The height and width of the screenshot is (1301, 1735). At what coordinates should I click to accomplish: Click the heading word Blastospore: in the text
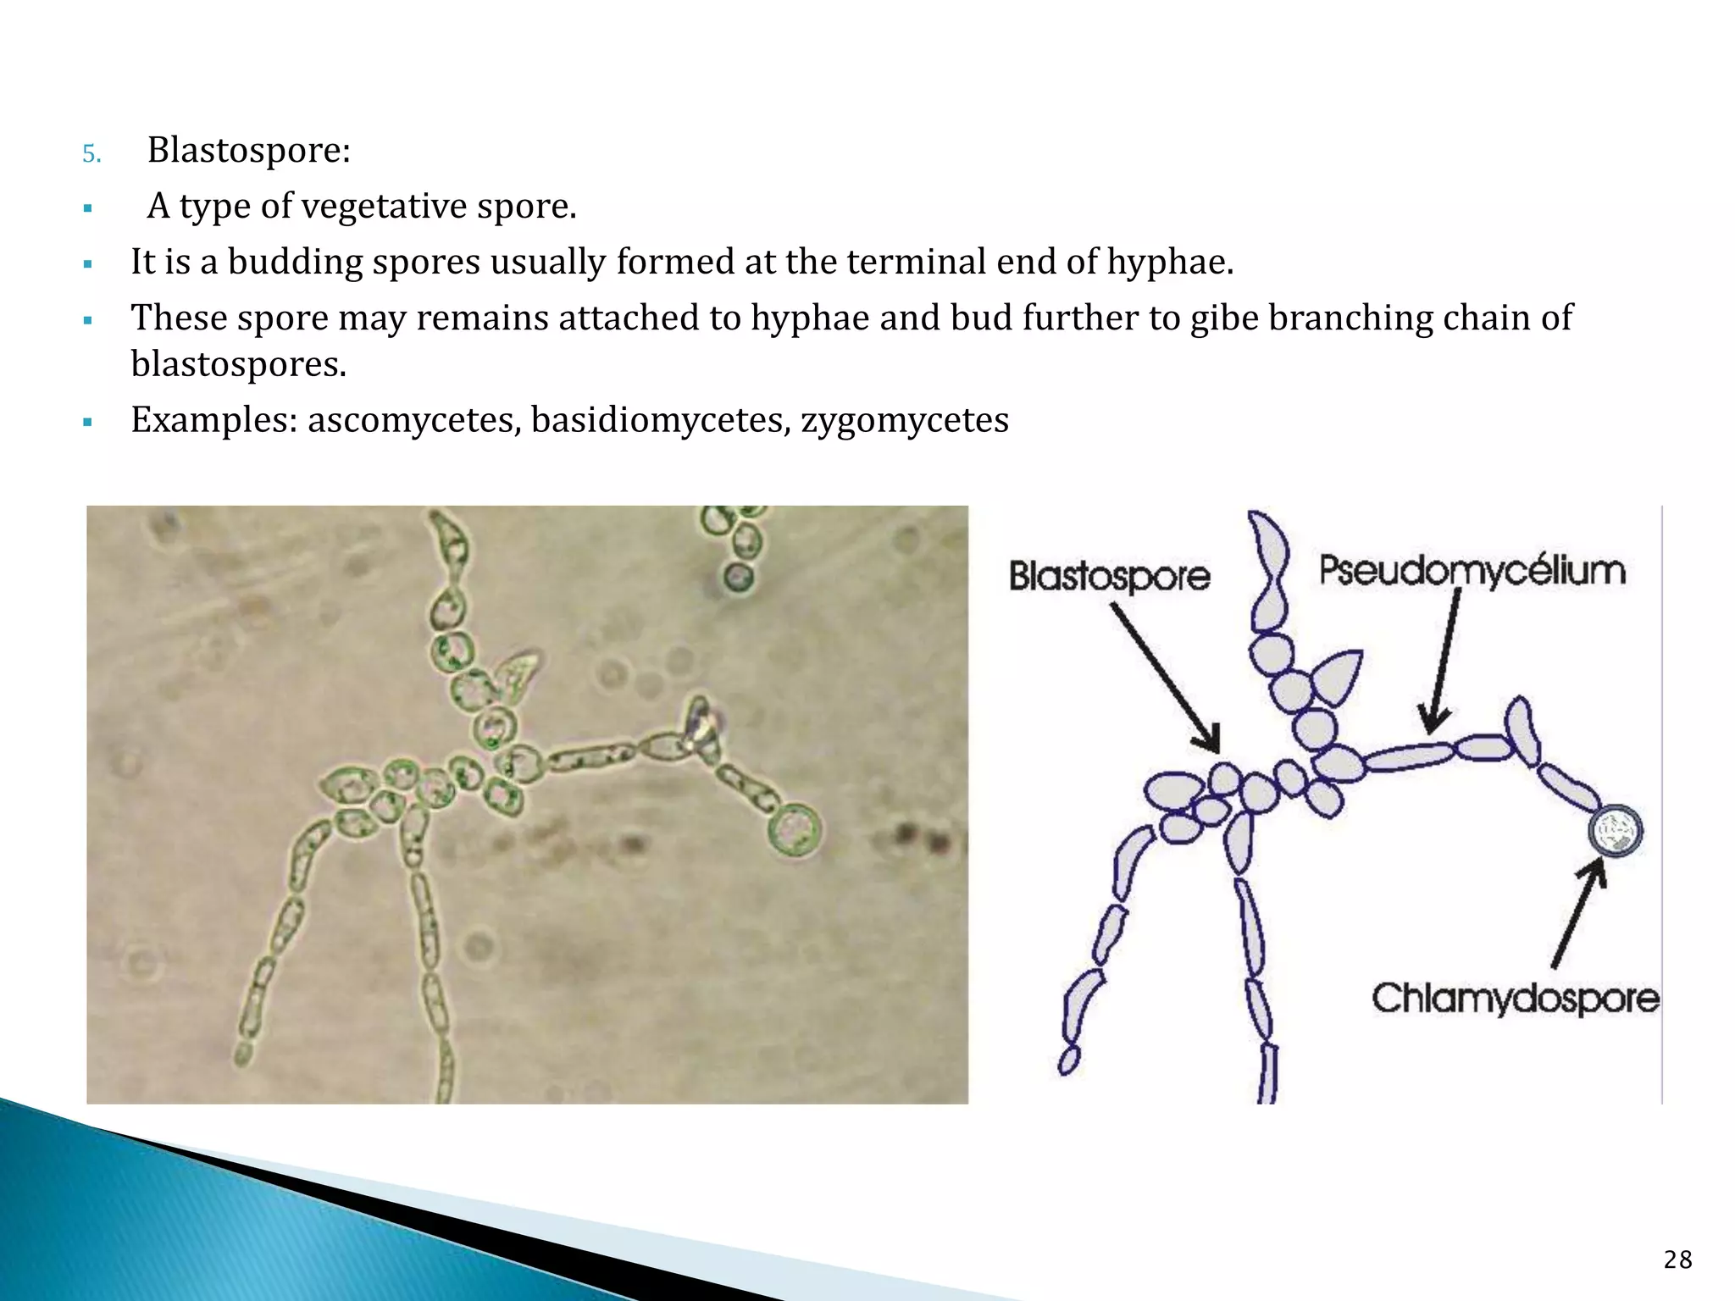[248, 151]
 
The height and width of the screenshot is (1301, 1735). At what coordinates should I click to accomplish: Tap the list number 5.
[91, 154]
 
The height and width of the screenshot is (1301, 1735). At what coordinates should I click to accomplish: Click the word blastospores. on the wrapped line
[238, 364]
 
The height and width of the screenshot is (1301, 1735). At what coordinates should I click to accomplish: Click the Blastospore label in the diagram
[1109, 577]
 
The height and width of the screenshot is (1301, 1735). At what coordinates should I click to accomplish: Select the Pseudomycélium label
[1472, 570]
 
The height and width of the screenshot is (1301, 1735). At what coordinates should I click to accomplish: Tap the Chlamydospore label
[1515, 999]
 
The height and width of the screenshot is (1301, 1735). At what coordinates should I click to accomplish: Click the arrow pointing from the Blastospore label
[1165, 677]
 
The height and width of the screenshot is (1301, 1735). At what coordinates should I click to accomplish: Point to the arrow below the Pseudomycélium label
[1442, 661]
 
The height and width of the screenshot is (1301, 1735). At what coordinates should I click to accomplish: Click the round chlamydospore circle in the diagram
[1616, 831]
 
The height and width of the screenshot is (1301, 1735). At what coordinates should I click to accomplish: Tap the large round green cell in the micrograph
[795, 829]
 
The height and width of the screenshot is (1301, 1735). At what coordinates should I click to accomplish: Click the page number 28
[1677, 1260]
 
